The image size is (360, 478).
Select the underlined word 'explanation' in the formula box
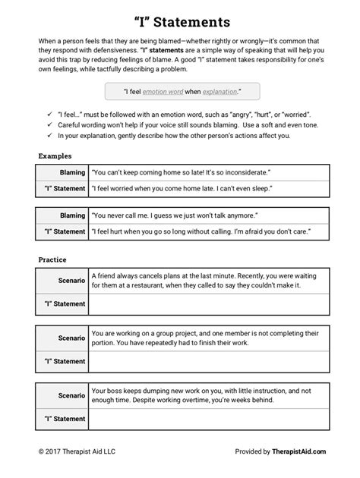pyautogui.click(x=217, y=91)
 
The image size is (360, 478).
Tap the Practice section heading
pyautogui.click(x=52, y=259)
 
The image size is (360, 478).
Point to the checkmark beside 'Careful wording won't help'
pyautogui.click(x=48, y=124)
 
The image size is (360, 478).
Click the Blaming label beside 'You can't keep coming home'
pyautogui.click(x=73, y=173)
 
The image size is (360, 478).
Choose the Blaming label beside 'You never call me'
pyautogui.click(x=73, y=215)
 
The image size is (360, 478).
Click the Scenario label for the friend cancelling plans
pyautogui.click(x=71, y=282)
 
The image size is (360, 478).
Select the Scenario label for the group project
pyautogui.click(x=71, y=338)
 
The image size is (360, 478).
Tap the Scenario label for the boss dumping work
pyautogui.click(x=71, y=395)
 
